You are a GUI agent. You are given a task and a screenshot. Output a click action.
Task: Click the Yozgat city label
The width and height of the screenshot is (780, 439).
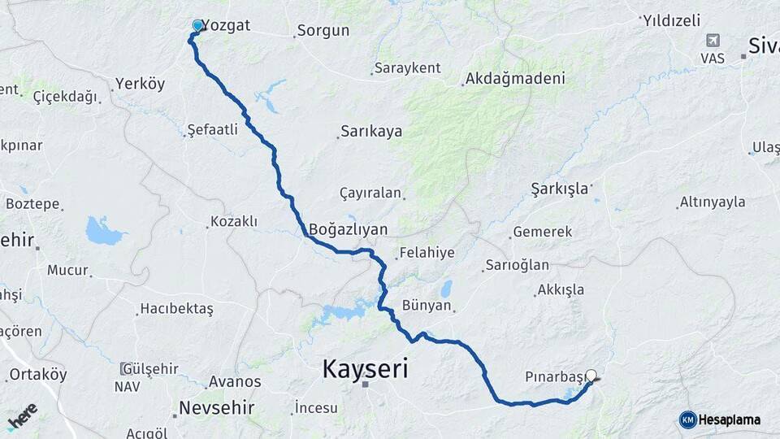[x=226, y=25]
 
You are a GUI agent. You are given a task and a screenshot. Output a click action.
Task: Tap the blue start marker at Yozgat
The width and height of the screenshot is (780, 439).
[x=197, y=26]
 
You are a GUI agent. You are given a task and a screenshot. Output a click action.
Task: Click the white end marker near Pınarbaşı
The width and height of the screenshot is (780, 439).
[x=591, y=376]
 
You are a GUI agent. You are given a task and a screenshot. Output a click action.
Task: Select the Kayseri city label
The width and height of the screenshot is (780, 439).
[x=365, y=369]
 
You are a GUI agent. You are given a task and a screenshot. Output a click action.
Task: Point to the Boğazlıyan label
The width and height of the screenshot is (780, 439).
[x=348, y=229]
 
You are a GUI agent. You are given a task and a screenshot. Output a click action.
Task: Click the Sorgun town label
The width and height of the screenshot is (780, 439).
[x=323, y=31]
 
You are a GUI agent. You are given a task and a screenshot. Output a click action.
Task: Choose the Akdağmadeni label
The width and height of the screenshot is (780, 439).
[x=513, y=80]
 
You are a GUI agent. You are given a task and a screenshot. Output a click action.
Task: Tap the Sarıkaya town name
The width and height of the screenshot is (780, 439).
[x=370, y=131]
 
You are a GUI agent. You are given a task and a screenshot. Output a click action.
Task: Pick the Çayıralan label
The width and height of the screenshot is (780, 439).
[x=370, y=193]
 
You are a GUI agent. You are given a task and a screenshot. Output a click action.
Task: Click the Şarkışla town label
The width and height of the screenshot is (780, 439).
[x=559, y=189]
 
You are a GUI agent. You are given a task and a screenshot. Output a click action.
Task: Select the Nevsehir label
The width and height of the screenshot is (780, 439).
[x=216, y=407]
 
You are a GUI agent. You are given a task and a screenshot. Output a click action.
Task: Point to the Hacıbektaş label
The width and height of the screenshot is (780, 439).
[x=175, y=309]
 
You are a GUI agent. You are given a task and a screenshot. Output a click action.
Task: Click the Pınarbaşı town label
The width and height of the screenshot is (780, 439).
[x=555, y=377]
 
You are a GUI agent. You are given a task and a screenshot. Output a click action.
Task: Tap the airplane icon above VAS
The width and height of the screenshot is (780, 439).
[x=713, y=40]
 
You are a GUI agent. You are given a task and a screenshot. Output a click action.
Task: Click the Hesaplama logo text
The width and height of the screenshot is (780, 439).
[x=729, y=419]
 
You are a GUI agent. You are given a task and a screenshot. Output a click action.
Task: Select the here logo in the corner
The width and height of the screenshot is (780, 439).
[x=23, y=416]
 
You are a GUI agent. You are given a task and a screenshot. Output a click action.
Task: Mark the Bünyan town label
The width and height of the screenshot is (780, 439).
[x=427, y=306]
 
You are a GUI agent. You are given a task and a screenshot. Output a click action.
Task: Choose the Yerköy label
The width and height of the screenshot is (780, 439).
[x=140, y=84]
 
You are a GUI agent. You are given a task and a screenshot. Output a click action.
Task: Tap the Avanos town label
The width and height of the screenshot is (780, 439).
[x=235, y=381]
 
